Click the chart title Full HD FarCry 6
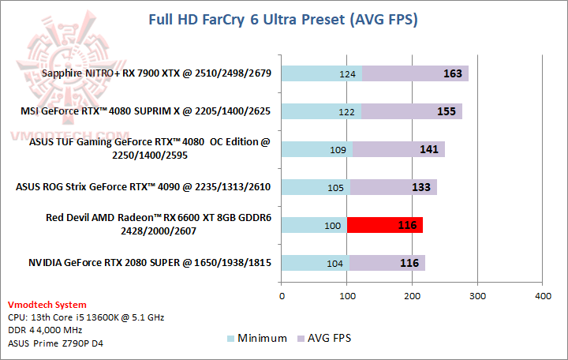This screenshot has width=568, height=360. pyautogui.click(x=283, y=18)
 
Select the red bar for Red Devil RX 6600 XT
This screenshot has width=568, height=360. pyautogui.click(x=385, y=225)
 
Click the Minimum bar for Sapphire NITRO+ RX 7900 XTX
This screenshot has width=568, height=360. pyautogui.click(x=321, y=74)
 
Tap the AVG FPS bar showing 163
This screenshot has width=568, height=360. pyautogui.click(x=415, y=74)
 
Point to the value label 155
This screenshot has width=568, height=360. pyautogui.click(x=446, y=111)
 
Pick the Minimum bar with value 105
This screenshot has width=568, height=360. pyautogui.click(x=316, y=187)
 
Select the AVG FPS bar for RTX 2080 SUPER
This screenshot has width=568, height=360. pyautogui.click(x=387, y=263)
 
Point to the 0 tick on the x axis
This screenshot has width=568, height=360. pyautogui.click(x=282, y=296)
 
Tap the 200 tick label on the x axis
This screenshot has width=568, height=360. pyautogui.click(x=412, y=296)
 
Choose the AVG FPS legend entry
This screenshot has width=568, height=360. pyautogui.click(x=324, y=338)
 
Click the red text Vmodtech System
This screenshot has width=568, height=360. pyautogui.click(x=47, y=305)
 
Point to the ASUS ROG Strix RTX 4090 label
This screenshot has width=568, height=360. pyautogui.click(x=144, y=187)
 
